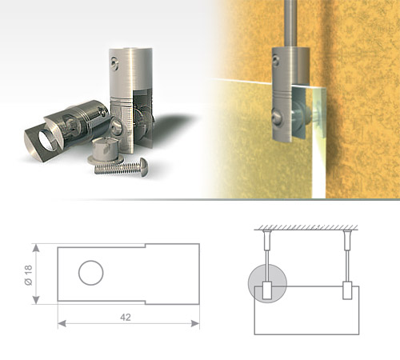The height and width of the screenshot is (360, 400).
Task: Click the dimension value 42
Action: (126, 318)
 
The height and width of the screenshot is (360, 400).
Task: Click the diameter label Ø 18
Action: (28, 275)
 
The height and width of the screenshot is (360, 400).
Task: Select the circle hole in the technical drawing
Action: (91, 273)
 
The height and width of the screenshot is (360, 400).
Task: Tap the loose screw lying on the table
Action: (122, 166)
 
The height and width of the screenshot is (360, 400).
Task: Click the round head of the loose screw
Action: (142, 166)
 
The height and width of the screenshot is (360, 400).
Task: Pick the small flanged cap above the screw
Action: (106, 150)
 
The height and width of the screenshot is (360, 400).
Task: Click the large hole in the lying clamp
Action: (46, 141)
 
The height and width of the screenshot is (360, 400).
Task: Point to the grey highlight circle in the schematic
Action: (267, 283)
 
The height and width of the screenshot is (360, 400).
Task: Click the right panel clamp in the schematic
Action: (347, 290)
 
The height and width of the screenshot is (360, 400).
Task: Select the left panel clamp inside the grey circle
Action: (267, 290)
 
